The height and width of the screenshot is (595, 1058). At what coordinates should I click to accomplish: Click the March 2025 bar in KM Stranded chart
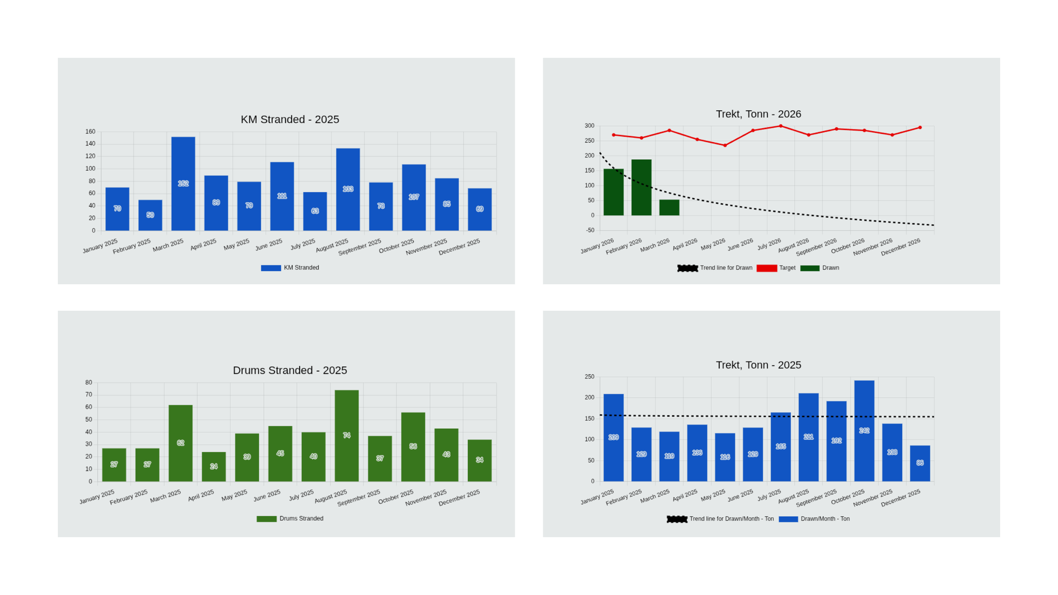point(183,183)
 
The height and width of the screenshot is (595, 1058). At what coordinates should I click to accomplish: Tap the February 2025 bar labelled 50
point(150,215)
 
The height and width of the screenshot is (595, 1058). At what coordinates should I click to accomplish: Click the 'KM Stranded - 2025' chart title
point(290,120)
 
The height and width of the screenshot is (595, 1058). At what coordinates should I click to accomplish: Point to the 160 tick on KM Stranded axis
point(90,132)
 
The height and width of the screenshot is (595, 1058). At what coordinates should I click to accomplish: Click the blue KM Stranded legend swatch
point(271,268)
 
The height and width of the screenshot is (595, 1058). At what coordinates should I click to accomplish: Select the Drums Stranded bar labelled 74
point(347,435)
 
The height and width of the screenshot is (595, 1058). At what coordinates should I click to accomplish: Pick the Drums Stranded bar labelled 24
point(214,466)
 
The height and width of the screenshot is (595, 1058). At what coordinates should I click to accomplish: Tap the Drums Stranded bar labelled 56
point(413,446)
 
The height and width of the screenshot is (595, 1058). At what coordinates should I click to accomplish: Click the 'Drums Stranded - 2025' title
point(290,370)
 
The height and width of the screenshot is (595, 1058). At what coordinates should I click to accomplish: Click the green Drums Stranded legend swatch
point(267,519)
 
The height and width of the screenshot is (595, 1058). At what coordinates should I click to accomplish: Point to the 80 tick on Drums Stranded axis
point(89,382)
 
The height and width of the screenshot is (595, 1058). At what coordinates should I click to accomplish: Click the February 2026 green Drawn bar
point(641,187)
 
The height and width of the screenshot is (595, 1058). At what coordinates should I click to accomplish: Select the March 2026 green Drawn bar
point(669,207)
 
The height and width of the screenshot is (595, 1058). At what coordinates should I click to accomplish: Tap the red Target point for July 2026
point(780,126)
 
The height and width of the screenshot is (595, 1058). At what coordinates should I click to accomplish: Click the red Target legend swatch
point(766,268)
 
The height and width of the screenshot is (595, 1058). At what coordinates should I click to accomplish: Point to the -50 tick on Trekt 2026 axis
point(590,230)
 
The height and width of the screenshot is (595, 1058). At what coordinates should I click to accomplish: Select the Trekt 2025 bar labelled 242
point(864,431)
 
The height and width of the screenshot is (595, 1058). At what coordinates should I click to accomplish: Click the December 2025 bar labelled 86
point(920,463)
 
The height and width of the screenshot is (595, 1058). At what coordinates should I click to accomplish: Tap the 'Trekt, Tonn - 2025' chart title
point(758,365)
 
